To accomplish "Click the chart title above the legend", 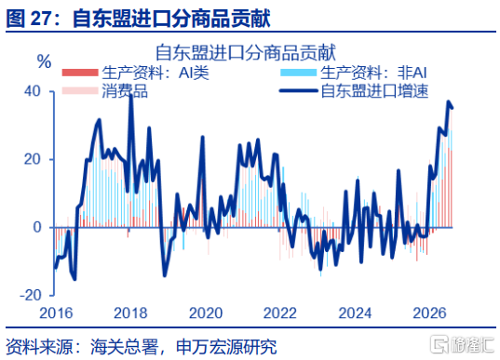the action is (246, 52).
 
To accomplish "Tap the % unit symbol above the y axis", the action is (44, 61).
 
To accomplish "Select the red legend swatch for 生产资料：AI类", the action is (80, 73).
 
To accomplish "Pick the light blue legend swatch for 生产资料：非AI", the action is (299, 73).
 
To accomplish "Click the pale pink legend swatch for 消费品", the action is (80, 91).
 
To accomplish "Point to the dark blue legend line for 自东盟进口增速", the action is (299, 91).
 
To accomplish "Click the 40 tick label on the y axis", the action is (33, 91).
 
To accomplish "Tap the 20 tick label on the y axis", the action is (33, 159).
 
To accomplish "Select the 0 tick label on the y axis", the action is (37, 227).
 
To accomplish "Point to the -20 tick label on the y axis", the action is (31, 295).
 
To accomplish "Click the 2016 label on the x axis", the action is (56, 313).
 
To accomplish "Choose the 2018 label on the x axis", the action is (130, 313).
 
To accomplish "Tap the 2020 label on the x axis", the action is (206, 313).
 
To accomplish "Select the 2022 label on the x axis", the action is (280, 313).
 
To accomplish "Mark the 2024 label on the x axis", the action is (355, 313).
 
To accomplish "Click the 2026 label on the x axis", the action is (429, 313).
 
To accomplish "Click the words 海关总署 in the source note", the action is (125, 347).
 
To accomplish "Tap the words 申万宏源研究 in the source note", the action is (226, 347).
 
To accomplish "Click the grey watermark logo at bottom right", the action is (463, 344).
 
